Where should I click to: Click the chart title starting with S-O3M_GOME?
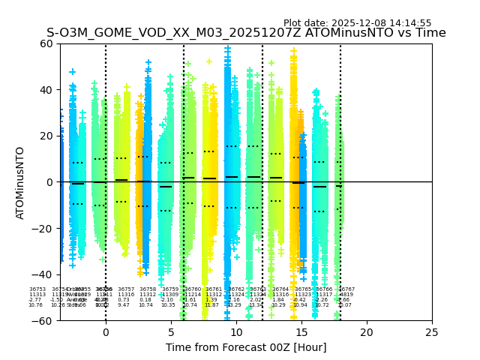(x=246, y=33)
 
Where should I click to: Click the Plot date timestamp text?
(x=357, y=23)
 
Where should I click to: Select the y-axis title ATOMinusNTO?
(x=20, y=182)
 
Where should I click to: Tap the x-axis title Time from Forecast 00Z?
(x=246, y=347)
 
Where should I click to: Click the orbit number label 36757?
(x=126, y=289)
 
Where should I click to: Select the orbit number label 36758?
(x=148, y=289)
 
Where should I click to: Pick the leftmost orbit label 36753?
(x=37, y=289)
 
